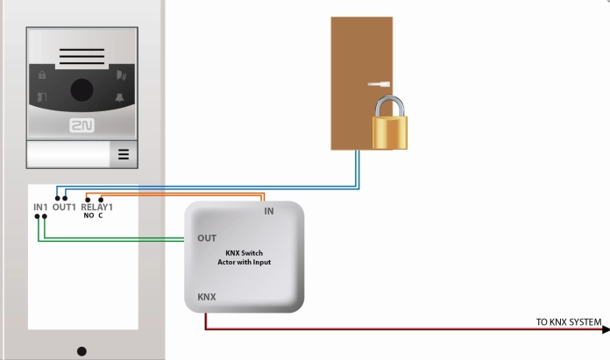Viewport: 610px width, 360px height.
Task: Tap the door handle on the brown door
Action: pyautogui.click(x=379, y=85)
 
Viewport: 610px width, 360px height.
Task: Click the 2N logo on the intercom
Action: pyautogui.click(x=82, y=125)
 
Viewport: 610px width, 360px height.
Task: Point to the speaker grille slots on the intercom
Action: pyautogui.click(x=82, y=59)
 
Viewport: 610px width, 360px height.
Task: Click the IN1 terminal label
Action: pyautogui.click(x=40, y=207)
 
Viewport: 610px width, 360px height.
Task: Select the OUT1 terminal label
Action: pyautogui.click(x=65, y=207)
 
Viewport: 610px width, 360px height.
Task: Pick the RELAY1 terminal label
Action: pyautogui.click(x=97, y=207)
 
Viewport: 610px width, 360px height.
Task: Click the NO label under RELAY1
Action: pyautogui.click(x=88, y=215)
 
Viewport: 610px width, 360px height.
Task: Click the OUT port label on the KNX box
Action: pyautogui.click(x=207, y=237)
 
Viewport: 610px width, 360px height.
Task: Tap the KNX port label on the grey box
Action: pyautogui.click(x=207, y=297)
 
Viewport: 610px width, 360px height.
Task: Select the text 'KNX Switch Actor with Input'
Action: pyautogui.click(x=244, y=257)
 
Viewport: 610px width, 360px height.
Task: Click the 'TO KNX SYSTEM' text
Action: pyautogui.click(x=568, y=322)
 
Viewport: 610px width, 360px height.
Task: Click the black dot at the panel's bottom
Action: pyautogui.click(x=82, y=351)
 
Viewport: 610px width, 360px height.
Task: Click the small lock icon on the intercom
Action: pyautogui.click(x=41, y=74)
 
